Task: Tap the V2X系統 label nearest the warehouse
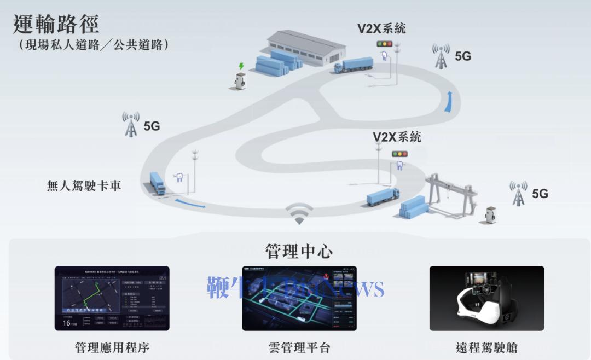(381, 28)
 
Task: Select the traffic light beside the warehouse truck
(385, 44)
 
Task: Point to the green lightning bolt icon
(240, 66)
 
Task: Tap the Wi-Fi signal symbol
(299, 213)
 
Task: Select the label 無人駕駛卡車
(84, 185)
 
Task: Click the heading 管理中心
(299, 251)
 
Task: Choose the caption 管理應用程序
(112, 347)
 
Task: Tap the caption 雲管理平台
(299, 347)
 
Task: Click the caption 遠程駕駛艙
(486, 347)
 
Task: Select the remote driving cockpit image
(486, 298)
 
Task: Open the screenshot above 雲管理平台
(299, 298)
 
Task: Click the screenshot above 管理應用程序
(112, 298)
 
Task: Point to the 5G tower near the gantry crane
(518, 193)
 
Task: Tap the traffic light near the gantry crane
(399, 154)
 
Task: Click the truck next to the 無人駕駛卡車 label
(157, 183)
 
